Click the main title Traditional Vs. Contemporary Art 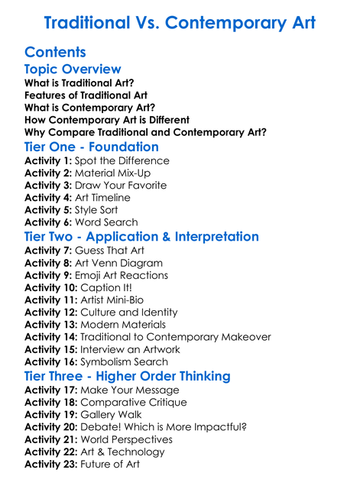tap(180, 22)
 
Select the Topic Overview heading tap(73, 70)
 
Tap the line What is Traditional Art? tap(79, 83)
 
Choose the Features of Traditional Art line tap(86, 95)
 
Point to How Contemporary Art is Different tap(107, 120)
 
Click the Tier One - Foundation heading tap(92, 147)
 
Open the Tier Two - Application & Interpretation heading tap(141, 237)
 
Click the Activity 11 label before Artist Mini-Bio tap(50, 300)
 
